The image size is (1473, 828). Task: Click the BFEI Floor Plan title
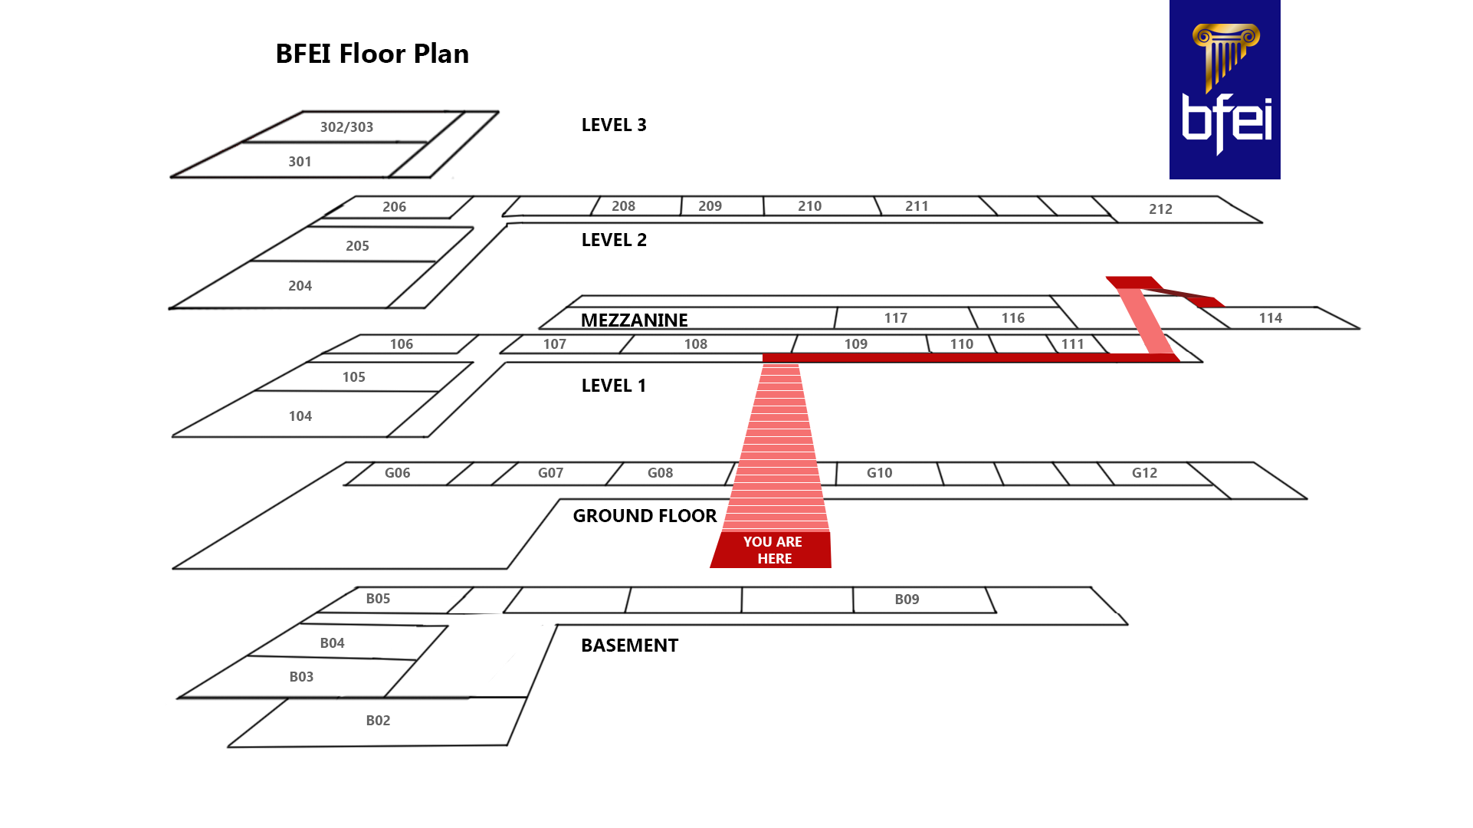(372, 54)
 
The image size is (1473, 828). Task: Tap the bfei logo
(1224, 90)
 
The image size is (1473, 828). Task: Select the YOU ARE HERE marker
(773, 550)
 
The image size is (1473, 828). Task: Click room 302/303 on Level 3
(346, 127)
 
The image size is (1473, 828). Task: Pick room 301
(300, 162)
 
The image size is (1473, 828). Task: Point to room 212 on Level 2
(1160, 209)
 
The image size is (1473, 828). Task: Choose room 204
(300, 286)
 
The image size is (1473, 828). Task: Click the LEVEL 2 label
(614, 240)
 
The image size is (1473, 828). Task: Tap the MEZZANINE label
(634, 320)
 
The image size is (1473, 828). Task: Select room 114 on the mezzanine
(1270, 318)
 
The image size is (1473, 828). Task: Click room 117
(895, 318)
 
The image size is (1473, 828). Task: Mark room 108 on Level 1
(695, 344)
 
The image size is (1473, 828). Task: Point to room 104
(300, 416)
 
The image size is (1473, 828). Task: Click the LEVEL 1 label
(614, 386)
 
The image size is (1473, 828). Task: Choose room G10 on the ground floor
(879, 473)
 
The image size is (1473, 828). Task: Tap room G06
(397, 473)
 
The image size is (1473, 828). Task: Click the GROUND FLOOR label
(645, 516)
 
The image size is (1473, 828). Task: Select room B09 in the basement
(907, 600)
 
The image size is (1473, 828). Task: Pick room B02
(378, 721)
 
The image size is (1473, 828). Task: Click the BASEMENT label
(629, 646)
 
